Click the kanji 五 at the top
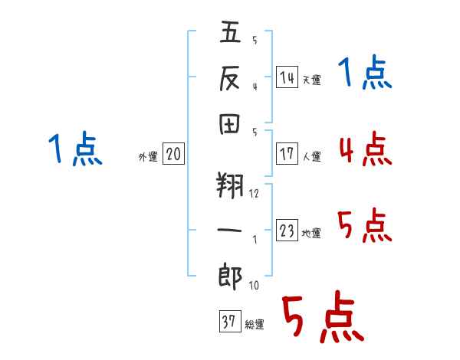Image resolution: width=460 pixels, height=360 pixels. coord(230,31)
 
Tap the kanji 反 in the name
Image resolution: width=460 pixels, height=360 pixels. coord(230,78)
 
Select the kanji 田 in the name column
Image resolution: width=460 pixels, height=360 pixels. coord(230,124)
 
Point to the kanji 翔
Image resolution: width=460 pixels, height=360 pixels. coord(230,185)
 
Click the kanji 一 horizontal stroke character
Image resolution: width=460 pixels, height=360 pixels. coord(229,230)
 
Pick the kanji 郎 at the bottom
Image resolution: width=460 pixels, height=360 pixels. coord(230,277)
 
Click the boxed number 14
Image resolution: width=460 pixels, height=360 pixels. coord(287,77)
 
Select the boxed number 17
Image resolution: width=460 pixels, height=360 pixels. coord(287,154)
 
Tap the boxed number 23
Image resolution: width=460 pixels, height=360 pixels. coord(287,230)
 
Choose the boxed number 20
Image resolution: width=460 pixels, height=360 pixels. coord(173,154)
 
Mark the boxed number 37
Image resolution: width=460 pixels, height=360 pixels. coord(230,321)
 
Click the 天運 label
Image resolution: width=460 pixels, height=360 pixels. coord(312,80)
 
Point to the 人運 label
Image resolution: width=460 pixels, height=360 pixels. coord(312,156)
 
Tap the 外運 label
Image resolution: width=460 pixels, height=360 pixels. coord(148,157)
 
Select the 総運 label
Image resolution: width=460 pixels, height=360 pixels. coord(255,325)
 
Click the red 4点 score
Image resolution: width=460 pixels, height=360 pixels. coord(366,149)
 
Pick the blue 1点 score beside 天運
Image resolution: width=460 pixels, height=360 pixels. coord(365,72)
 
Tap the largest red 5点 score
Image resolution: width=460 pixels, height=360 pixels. coord(323,316)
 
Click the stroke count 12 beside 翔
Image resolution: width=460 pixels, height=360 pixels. coord(254,194)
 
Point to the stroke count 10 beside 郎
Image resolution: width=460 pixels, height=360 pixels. coord(254,285)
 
